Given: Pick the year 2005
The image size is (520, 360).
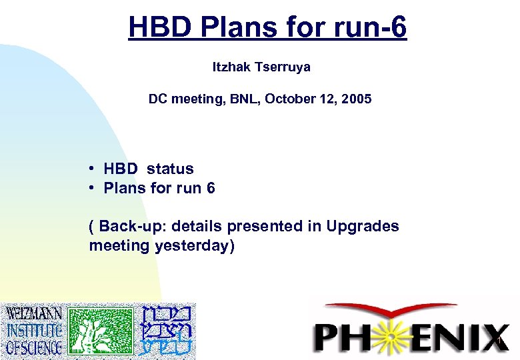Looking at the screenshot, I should [x=356, y=99].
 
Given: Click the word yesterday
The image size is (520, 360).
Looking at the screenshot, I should [x=192, y=245].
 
